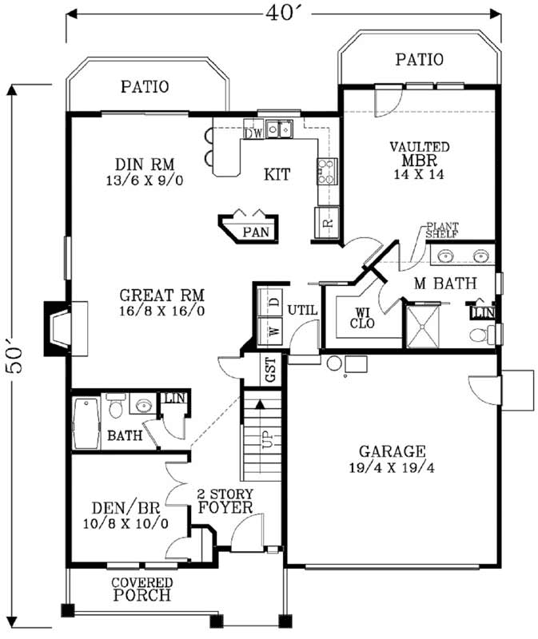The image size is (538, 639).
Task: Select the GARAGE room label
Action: pyautogui.click(x=392, y=451)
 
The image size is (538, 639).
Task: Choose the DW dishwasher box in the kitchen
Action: pyautogui.click(x=253, y=133)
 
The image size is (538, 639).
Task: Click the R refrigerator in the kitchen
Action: pyautogui.click(x=326, y=223)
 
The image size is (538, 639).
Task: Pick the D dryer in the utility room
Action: pyautogui.click(x=272, y=300)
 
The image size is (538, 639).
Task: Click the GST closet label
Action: pyautogui.click(x=271, y=371)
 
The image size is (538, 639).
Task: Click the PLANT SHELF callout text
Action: pyautogui.click(x=440, y=231)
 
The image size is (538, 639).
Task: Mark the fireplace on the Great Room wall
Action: pyautogui.click(x=61, y=327)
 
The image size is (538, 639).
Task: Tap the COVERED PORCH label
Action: pyautogui.click(x=141, y=589)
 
